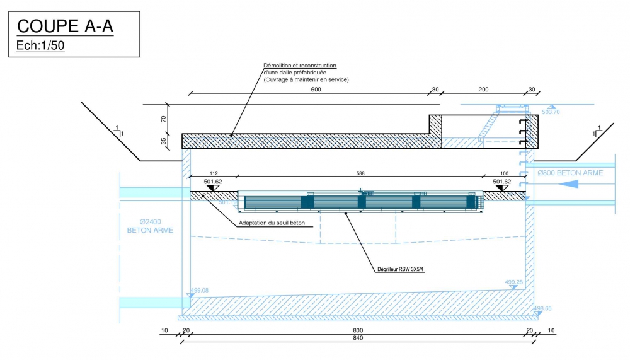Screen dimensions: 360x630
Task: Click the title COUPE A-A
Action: (65, 26)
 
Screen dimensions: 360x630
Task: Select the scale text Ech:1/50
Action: (41, 45)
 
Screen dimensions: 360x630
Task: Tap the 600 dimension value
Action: (316, 90)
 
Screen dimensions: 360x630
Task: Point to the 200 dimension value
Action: (483, 90)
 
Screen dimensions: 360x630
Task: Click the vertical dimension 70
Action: (164, 118)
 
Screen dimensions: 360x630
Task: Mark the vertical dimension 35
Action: (164, 141)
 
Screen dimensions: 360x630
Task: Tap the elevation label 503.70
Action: (551, 112)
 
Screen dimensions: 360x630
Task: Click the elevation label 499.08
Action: (199, 291)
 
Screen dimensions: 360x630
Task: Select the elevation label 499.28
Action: (513, 282)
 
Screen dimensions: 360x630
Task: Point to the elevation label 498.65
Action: (543, 309)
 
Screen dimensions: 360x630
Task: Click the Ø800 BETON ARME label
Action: (570, 173)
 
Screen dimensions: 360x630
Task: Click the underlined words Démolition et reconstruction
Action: (300, 66)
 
